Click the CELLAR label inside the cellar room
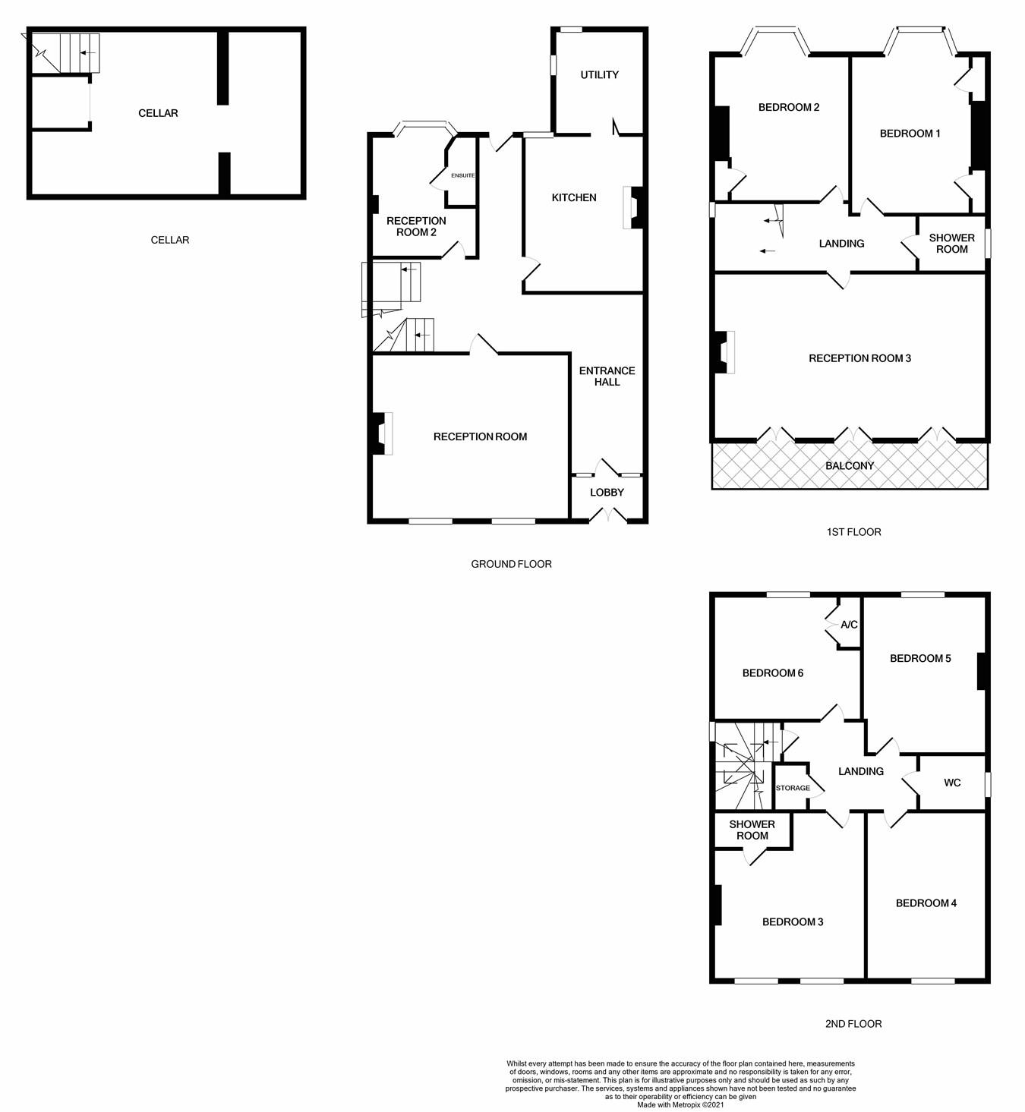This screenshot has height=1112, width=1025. pos(158,113)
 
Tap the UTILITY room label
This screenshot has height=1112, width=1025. pos(599,74)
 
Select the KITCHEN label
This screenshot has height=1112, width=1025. pos(574,197)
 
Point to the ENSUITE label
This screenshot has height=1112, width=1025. pos(462,176)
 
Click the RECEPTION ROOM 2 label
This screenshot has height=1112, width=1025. pos(416,226)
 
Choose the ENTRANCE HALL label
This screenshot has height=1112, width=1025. pos(607,376)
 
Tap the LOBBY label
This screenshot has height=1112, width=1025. pos(607,493)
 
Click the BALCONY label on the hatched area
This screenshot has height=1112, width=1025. pos(850,465)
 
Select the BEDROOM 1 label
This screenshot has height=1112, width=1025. pos(910,134)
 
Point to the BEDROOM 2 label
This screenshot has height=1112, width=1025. pos(789,107)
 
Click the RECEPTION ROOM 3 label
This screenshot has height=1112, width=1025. pos(859,358)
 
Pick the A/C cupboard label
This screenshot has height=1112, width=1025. pos(849,625)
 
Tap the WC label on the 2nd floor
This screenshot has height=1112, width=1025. pos(952,783)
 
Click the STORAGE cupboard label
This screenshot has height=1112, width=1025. pos(793,788)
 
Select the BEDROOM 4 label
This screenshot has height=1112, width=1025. pos(926,903)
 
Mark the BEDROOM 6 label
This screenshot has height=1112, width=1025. pos(773,673)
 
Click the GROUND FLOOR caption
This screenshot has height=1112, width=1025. pos(511,564)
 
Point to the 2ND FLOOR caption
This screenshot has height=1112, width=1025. pos(853,1024)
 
